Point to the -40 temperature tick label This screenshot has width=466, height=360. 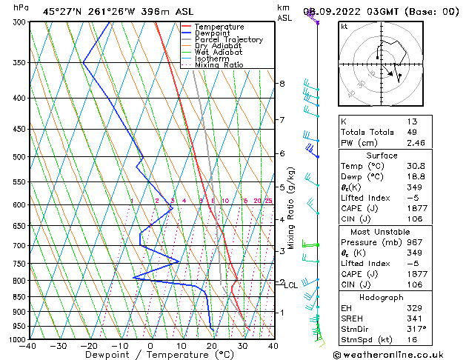(x=29, y=345)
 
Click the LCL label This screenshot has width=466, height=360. (x=291, y=285)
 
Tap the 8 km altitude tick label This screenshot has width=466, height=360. (x=282, y=84)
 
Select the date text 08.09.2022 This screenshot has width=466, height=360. (x=343, y=12)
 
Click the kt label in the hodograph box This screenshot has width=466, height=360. (x=344, y=27)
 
